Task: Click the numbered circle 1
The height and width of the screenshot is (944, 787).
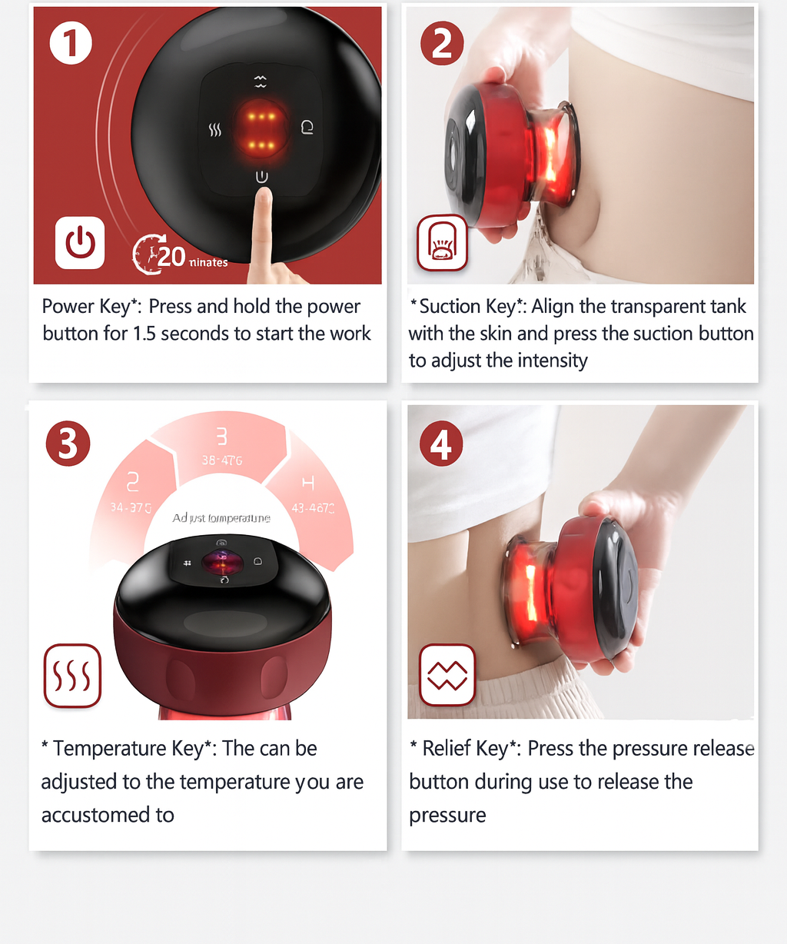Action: pos(71,43)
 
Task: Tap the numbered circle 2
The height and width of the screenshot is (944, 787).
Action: pos(442,43)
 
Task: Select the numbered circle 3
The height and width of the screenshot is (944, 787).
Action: pos(68,444)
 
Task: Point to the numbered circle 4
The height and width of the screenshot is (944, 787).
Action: pos(441,444)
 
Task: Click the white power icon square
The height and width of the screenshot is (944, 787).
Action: pos(80,243)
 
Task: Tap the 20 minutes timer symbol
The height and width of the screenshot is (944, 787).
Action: pos(149,254)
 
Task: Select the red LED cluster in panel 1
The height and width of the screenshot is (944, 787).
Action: pos(261,130)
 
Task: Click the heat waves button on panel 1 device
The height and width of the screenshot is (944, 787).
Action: pos(215,131)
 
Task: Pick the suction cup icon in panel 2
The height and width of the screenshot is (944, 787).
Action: pos(442,243)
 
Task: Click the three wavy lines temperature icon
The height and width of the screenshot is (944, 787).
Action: pos(72,676)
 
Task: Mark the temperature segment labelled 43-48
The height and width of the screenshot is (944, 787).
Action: pos(310,495)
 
